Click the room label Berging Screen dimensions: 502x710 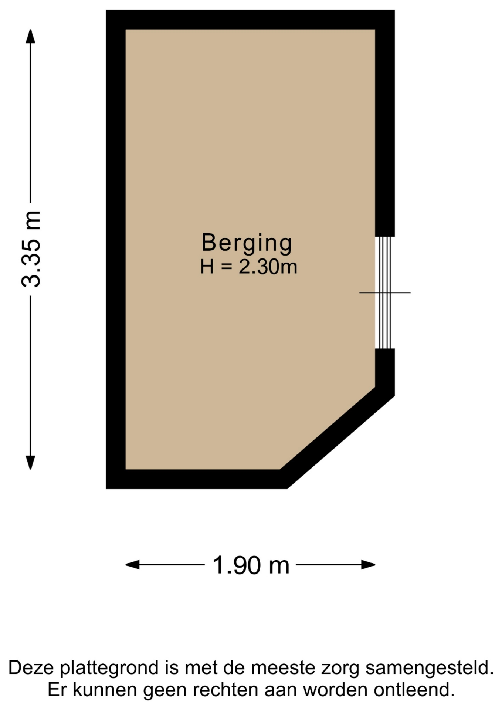click(x=247, y=244)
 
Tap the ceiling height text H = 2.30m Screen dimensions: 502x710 click(x=248, y=267)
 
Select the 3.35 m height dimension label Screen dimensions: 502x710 click(x=31, y=249)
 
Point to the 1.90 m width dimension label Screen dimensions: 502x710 click(x=251, y=565)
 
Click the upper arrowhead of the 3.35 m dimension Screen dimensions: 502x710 click(x=30, y=36)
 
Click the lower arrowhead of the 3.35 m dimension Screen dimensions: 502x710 click(x=30, y=463)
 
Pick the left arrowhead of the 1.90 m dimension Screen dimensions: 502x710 click(x=132, y=565)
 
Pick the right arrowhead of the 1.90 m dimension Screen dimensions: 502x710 click(x=368, y=565)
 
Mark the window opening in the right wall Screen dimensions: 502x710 click(x=385, y=293)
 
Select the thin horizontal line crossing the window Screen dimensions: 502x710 click(x=385, y=293)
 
